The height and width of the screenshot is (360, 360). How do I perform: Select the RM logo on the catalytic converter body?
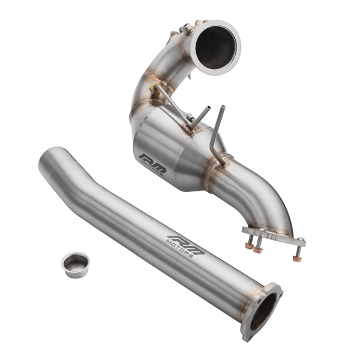pyautogui.click(x=152, y=163)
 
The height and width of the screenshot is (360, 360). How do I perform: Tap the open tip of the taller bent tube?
pyautogui.click(x=223, y=107)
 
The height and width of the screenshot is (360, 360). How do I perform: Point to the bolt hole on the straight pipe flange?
pyautogui.click(x=277, y=293)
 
